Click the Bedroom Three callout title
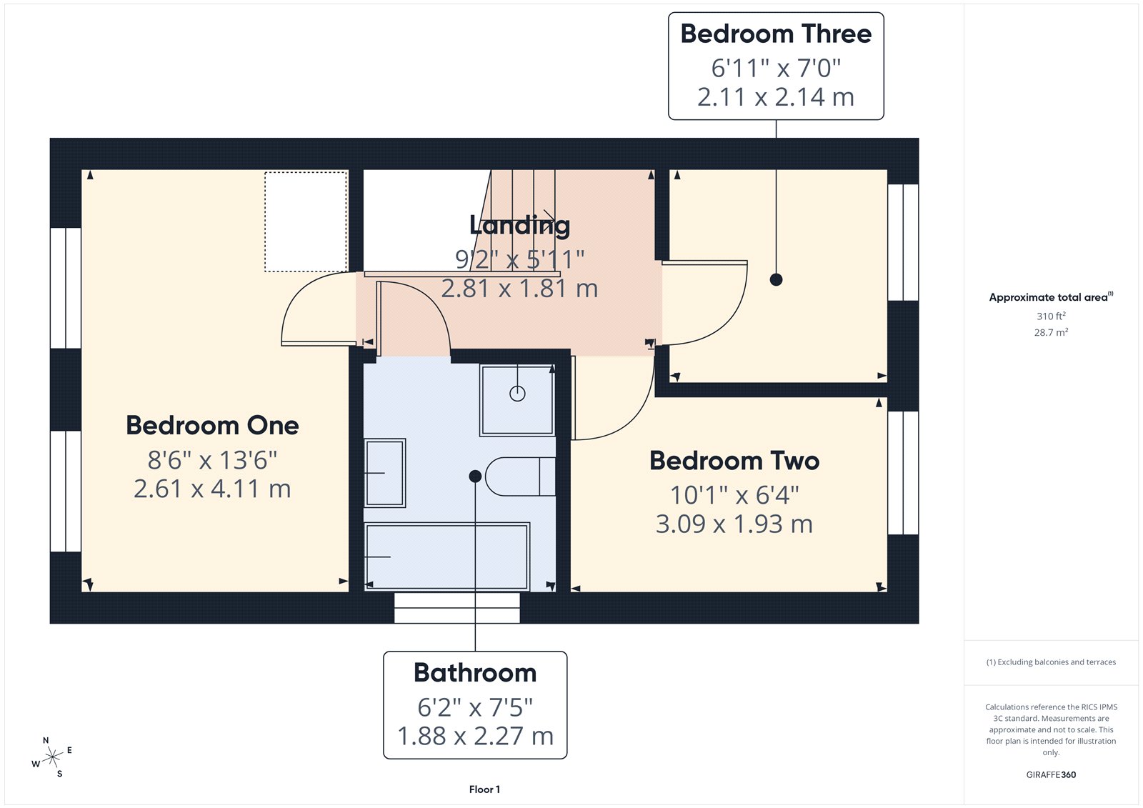(776, 34)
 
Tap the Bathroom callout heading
(475, 673)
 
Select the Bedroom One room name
(212, 426)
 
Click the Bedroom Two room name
(734, 461)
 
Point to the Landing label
(519, 225)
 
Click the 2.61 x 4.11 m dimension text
(212, 489)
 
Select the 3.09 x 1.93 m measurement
(734, 524)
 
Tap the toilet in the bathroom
(520, 477)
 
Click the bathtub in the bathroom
(447, 557)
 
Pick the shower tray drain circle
(517, 393)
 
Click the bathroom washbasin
(385, 473)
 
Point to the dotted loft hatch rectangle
(306, 221)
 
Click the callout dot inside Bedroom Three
(776, 280)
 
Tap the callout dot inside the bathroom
(475, 477)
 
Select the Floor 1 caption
(484, 789)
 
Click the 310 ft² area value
(1051, 316)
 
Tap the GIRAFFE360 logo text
(1051, 774)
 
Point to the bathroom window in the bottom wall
(457, 608)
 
